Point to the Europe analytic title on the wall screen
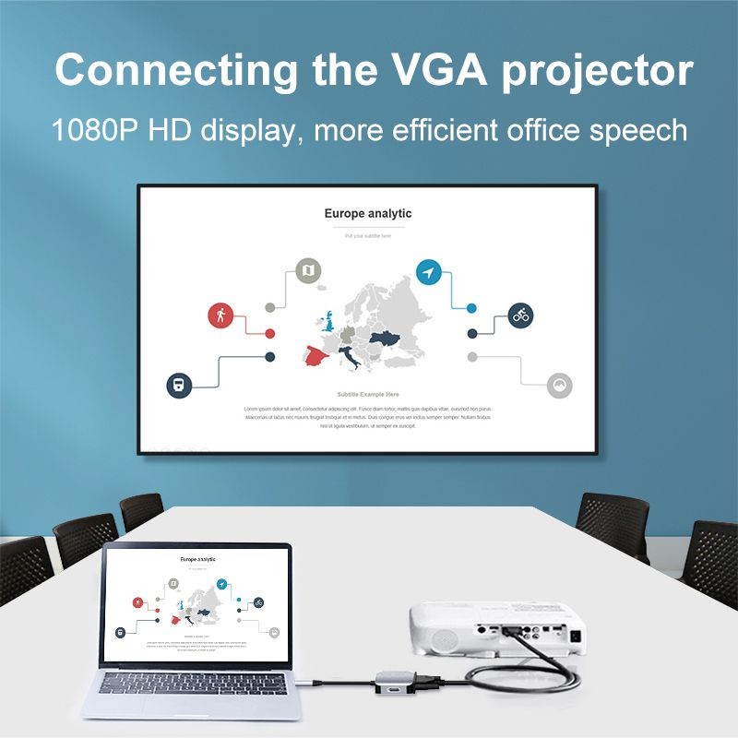[368, 213]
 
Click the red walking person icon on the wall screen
[220, 315]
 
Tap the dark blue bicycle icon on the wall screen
[521, 316]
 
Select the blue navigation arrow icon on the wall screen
[428, 271]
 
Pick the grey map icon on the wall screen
[308, 271]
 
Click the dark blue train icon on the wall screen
[179, 386]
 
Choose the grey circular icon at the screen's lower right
[560, 386]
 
